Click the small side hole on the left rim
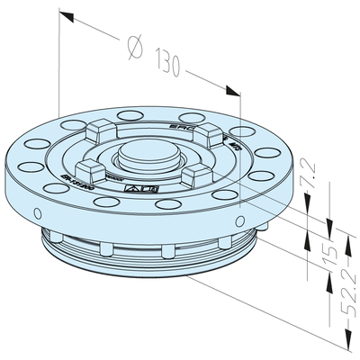click(x=37, y=213)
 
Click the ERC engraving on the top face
click(x=180, y=128)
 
